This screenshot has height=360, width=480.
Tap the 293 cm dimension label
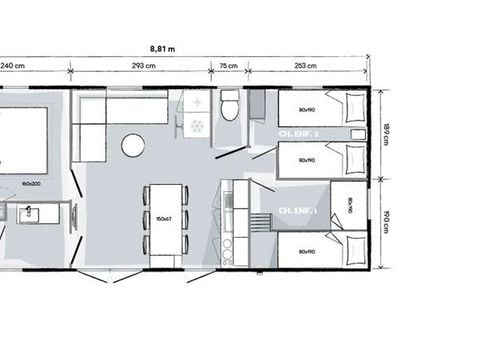tap(140, 67)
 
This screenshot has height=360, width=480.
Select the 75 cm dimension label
tap(229, 67)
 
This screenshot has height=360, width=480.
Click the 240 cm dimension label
tap(12, 67)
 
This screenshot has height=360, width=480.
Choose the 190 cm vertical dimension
tap(384, 220)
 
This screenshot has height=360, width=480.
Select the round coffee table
tap(133, 145)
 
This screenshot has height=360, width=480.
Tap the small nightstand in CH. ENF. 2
tap(258, 104)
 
